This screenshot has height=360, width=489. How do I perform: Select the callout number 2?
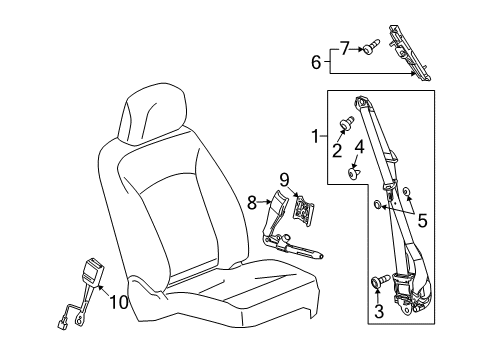[336, 150]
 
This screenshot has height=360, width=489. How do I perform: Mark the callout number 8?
[252, 202]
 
